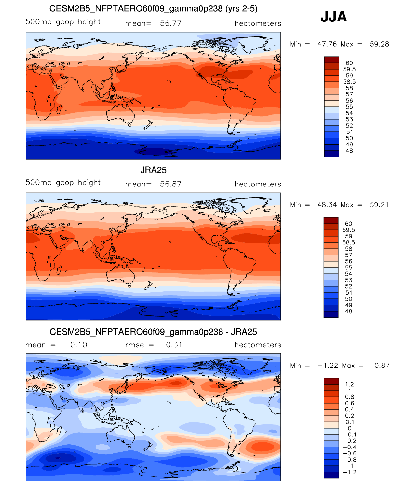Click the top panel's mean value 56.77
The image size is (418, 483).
tap(170, 23)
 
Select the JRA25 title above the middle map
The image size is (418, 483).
tap(153, 170)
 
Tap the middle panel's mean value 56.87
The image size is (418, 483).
tap(170, 184)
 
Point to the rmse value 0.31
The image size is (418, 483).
tap(174, 345)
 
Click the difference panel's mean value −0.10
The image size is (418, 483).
tap(76, 345)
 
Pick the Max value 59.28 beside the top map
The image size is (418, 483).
tap(379, 44)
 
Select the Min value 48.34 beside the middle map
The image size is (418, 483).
tap(327, 205)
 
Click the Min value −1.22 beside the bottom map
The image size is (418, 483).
tap(328, 366)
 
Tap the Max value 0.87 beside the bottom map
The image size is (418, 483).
tap(382, 366)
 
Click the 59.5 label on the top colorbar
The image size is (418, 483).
tap(349, 69)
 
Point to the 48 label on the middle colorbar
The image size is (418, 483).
tap(348, 311)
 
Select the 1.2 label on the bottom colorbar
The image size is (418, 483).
tap(349, 384)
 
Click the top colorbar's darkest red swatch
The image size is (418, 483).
tap(331, 60)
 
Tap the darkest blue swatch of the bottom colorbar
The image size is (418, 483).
tap(331, 475)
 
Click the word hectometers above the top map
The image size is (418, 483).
tap(258, 23)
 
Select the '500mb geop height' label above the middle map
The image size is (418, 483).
tap(63, 183)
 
